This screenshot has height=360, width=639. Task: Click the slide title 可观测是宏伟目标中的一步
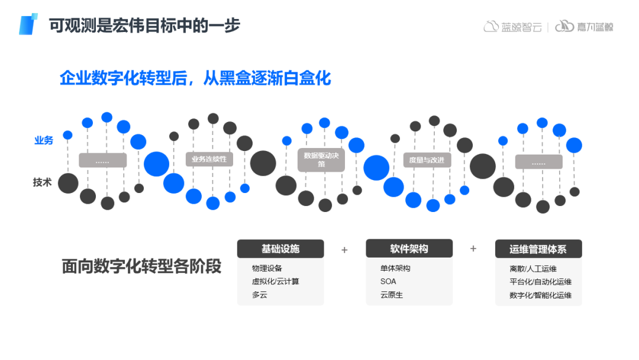pyautogui.click(x=145, y=26)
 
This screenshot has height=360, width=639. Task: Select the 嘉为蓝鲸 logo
pyautogui.click(x=585, y=27)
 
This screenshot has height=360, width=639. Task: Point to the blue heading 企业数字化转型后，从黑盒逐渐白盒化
pyautogui.click(x=195, y=78)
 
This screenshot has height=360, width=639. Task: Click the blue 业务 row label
pyautogui.click(x=44, y=140)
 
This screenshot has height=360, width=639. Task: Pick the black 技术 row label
pyautogui.click(x=43, y=182)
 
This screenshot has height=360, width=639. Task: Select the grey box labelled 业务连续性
pyautogui.click(x=209, y=159)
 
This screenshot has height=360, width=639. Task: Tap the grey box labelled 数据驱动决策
pyautogui.click(x=321, y=160)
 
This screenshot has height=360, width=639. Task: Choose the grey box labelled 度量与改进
pyautogui.click(x=427, y=160)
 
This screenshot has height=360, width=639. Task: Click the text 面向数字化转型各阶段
pyautogui.click(x=141, y=266)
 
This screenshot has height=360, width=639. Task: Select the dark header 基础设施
pyautogui.click(x=280, y=249)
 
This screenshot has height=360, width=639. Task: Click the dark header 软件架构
pyautogui.click(x=409, y=249)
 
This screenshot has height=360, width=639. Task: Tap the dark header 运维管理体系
pyautogui.click(x=538, y=249)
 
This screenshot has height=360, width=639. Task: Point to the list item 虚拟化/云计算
pyautogui.click(x=276, y=281)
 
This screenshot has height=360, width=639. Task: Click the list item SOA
pyautogui.click(x=388, y=281)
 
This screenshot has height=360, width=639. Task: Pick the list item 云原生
pyautogui.click(x=392, y=295)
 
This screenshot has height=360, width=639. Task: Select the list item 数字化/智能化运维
pyautogui.click(x=540, y=295)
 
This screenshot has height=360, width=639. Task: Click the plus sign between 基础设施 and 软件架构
pyautogui.click(x=344, y=250)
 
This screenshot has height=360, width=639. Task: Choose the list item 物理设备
pyautogui.click(x=267, y=268)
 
